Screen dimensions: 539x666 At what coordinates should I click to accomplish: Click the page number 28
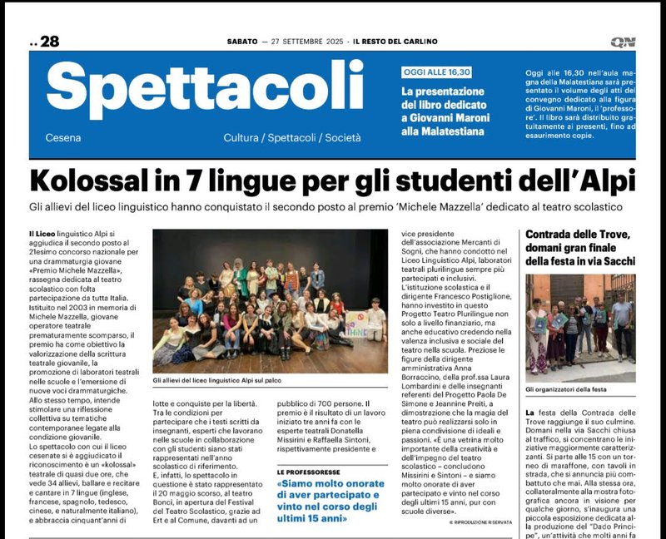click(49, 42)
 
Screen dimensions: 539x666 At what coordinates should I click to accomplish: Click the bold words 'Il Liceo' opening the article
click(41, 238)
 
